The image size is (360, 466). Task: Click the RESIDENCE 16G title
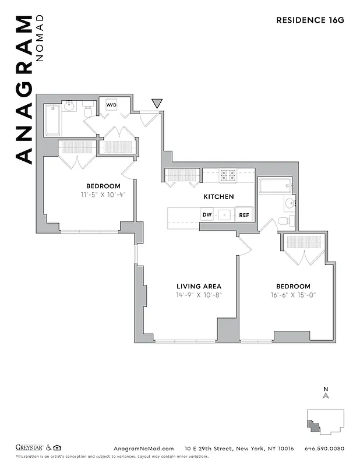point(310,20)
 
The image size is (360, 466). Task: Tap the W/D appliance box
point(111,105)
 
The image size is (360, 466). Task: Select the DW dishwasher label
point(207,214)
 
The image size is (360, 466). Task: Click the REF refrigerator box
point(244,214)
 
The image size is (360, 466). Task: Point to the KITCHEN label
point(218,197)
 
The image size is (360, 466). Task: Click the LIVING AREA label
point(199,286)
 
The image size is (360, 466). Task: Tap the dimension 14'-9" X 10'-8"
point(199,295)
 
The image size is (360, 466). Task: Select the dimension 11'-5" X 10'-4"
point(103,195)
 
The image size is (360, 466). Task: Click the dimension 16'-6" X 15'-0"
point(292,295)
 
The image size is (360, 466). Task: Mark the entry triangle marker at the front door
point(157,104)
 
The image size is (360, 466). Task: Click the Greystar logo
point(29,448)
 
